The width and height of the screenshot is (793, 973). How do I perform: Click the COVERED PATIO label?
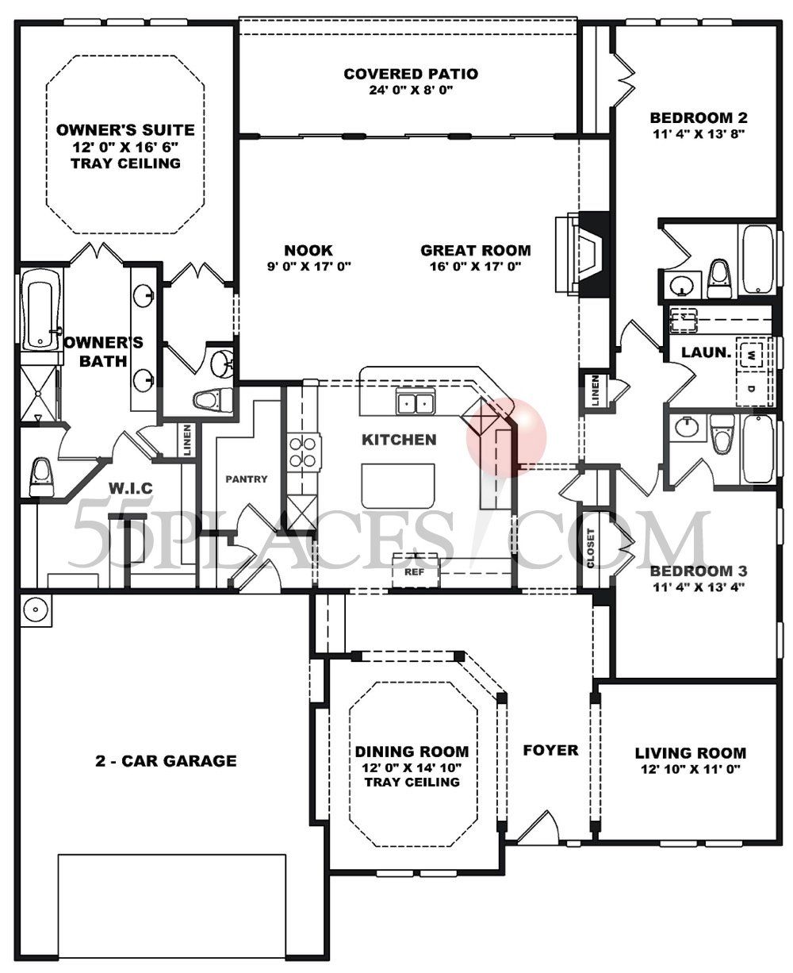tap(410, 74)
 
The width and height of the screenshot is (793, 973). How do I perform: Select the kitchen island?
tap(399, 486)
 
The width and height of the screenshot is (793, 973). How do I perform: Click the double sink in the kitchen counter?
tap(416, 403)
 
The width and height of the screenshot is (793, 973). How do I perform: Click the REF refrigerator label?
tap(412, 571)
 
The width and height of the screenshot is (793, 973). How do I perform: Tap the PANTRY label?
tap(247, 479)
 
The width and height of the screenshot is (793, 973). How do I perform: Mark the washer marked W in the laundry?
tap(749, 353)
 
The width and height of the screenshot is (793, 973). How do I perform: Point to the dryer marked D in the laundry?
tap(750, 388)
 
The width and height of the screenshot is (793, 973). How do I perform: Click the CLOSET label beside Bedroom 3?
tap(590, 549)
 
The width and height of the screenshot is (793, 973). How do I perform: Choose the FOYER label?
tap(550, 750)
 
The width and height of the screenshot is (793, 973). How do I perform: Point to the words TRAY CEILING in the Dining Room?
tap(412, 782)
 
